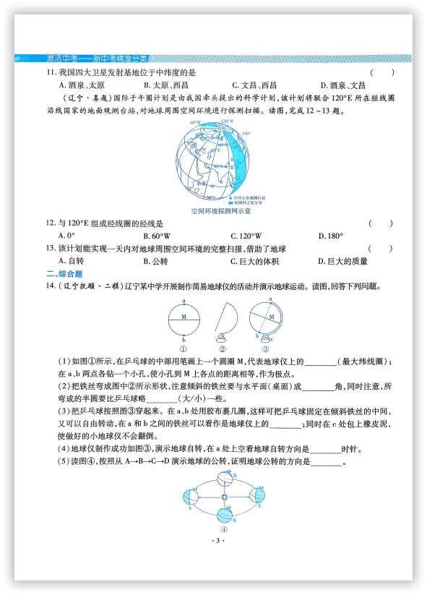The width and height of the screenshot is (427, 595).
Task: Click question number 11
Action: point(51,73)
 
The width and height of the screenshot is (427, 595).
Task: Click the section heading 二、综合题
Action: point(64,274)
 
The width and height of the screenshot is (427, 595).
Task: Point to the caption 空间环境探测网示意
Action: point(221,210)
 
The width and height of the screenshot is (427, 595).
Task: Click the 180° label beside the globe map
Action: point(246,134)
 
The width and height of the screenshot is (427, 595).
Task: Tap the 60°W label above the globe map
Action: point(195,123)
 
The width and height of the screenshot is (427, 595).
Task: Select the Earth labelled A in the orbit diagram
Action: point(193,497)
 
